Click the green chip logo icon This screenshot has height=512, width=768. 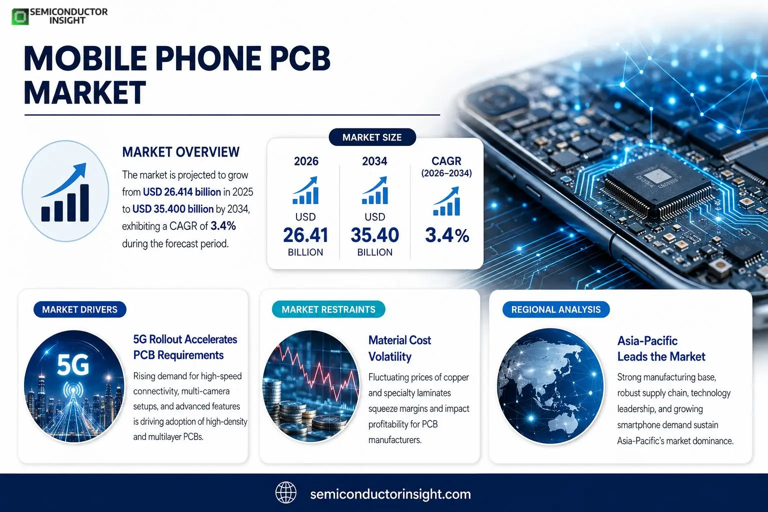point(20,16)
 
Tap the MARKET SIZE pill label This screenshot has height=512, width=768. point(372,137)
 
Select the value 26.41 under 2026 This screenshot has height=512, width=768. point(305,235)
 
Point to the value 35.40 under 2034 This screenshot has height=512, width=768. point(374,235)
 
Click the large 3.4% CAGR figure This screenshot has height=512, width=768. point(446,235)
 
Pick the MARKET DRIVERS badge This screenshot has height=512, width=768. point(80,309)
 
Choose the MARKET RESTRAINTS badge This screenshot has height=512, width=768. point(328,309)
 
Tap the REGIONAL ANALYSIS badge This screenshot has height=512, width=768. point(556,309)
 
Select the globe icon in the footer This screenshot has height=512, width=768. point(286,492)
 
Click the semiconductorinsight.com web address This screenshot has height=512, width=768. point(390,494)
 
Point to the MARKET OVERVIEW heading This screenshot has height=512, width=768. point(180,152)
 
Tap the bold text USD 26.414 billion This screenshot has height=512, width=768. point(181,191)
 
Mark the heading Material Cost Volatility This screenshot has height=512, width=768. point(400,348)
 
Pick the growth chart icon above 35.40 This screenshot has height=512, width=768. point(374,190)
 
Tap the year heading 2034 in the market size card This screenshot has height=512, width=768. point(374,161)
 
